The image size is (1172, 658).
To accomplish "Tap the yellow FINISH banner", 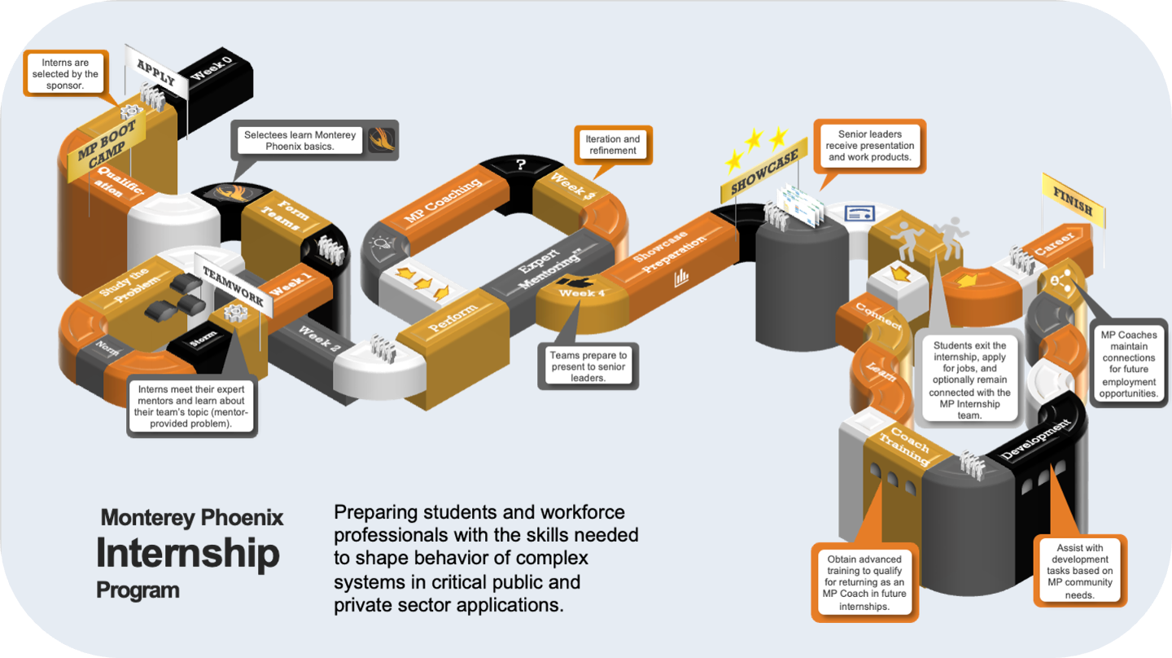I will tap(1073, 198).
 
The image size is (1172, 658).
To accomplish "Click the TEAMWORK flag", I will tap(232, 287).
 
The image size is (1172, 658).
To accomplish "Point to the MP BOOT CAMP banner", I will tap(107, 151).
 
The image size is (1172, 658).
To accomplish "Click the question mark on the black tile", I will tap(521, 164).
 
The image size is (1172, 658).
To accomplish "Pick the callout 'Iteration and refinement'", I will tap(612, 145).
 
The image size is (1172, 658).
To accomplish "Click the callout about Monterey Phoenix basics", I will tap(300, 140).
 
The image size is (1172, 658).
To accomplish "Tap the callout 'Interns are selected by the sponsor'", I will tap(65, 74).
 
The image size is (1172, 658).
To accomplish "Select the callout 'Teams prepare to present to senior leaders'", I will tap(588, 366).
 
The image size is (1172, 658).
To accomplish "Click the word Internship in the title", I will tap(188, 553).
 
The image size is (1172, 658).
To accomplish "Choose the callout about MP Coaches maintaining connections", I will tap(1128, 363).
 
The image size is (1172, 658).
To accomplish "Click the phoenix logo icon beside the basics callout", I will tap(382, 139).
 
